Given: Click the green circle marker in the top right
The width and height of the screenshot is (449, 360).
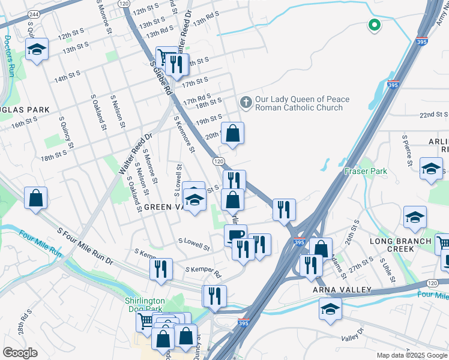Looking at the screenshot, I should coord(374,25).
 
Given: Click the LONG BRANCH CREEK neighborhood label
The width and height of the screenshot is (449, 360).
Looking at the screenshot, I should coord(401,245).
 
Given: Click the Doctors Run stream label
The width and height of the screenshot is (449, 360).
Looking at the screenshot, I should coord(8,56).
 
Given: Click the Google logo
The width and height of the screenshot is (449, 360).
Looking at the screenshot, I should coord(20,353).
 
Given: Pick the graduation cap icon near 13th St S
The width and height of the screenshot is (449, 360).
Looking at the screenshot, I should coord(37,50).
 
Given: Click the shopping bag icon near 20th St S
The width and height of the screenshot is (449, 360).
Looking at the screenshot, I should coord(232,133).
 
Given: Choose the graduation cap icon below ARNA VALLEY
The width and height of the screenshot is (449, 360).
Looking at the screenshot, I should coord(330,310).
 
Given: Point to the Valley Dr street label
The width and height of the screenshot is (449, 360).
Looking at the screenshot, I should coord(352,334).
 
